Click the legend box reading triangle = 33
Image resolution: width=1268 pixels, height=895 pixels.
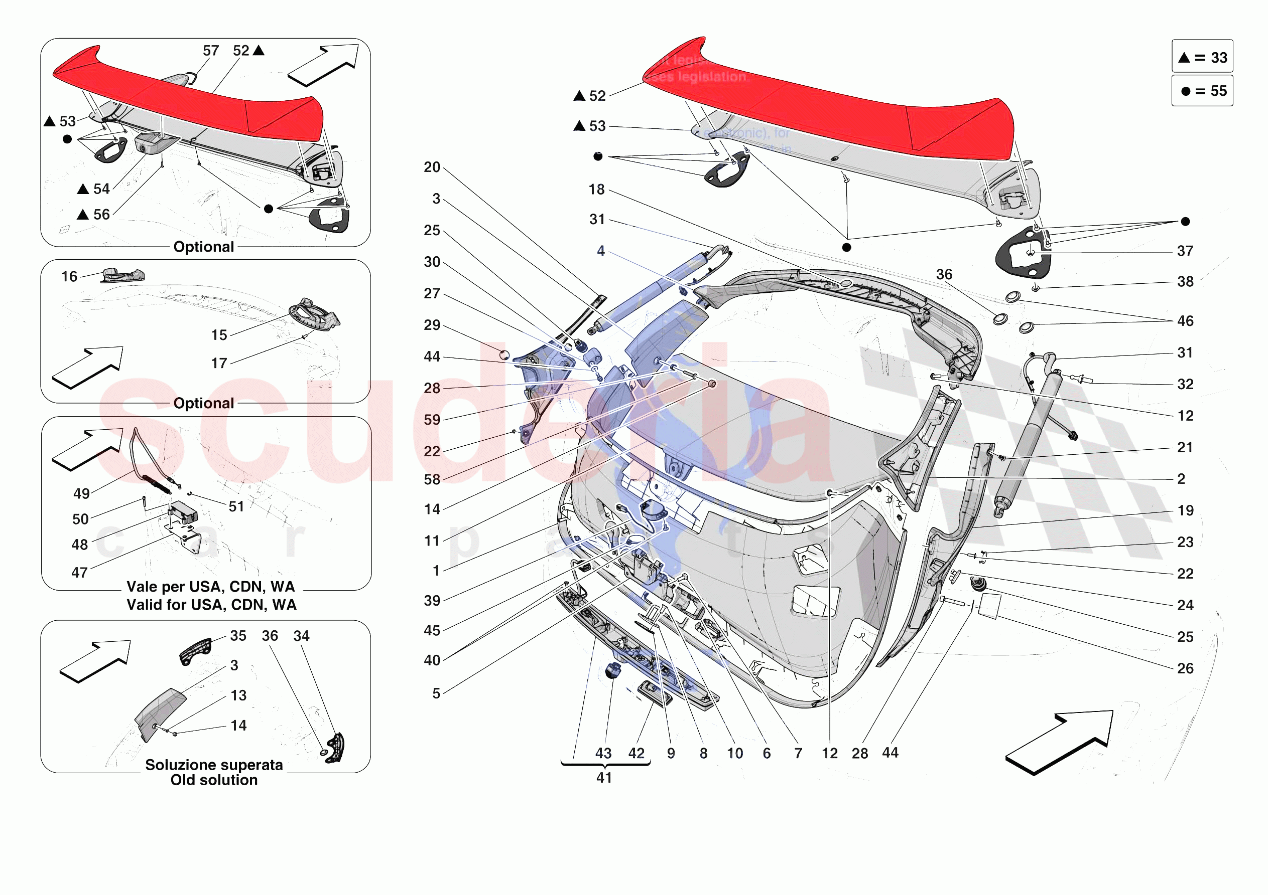coord(1202,57)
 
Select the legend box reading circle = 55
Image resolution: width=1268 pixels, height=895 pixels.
coord(1202,90)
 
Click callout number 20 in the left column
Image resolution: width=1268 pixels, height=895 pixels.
coord(432,167)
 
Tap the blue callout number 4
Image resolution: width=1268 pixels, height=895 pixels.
coord(600,251)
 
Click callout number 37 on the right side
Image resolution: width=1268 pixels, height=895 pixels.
coord(1185,251)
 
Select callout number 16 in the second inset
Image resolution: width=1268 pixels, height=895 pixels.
coord(69,276)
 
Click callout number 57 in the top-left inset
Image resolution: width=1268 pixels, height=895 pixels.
coord(210,51)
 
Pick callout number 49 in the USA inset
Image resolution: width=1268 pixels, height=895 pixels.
coord(81,493)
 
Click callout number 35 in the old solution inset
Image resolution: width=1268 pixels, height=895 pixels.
coord(238,636)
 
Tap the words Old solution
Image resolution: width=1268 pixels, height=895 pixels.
coord(214,780)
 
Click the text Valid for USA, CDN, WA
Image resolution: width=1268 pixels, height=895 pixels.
coord(211,605)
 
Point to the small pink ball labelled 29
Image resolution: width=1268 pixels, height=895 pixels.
coord(503,355)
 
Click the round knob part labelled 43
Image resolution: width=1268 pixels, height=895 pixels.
coord(612,671)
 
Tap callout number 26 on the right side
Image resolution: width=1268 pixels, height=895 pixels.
coord(1185,668)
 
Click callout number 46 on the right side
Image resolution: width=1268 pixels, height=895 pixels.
coord(1185,321)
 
